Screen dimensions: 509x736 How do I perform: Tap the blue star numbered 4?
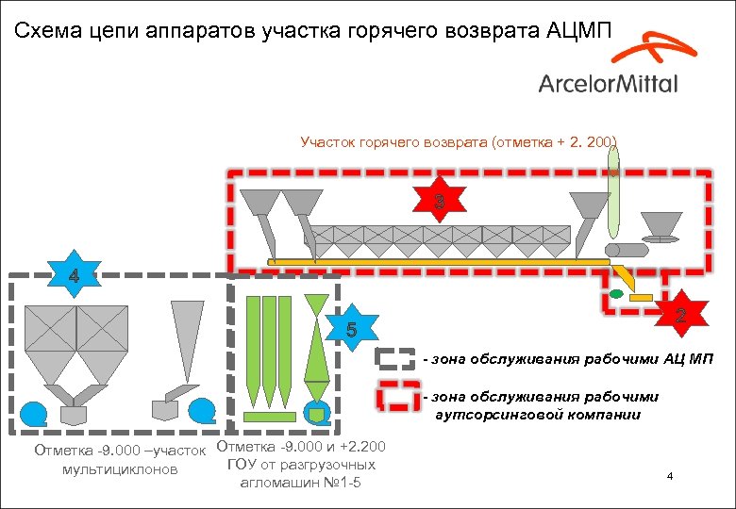pyautogui.click(x=74, y=277)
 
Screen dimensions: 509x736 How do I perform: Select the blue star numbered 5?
pyautogui.click(x=351, y=329)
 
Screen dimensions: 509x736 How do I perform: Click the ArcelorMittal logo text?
pyautogui.click(x=608, y=83)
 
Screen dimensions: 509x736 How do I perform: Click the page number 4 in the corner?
pyautogui.click(x=669, y=477)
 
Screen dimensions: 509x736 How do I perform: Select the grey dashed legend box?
pyautogui.click(x=395, y=359)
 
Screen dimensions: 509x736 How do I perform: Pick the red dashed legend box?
pyautogui.click(x=395, y=397)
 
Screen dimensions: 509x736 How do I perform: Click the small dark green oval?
pyautogui.click(x=616, y=295)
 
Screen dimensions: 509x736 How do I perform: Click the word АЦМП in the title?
pyautogui.click(x=578, y=30)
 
